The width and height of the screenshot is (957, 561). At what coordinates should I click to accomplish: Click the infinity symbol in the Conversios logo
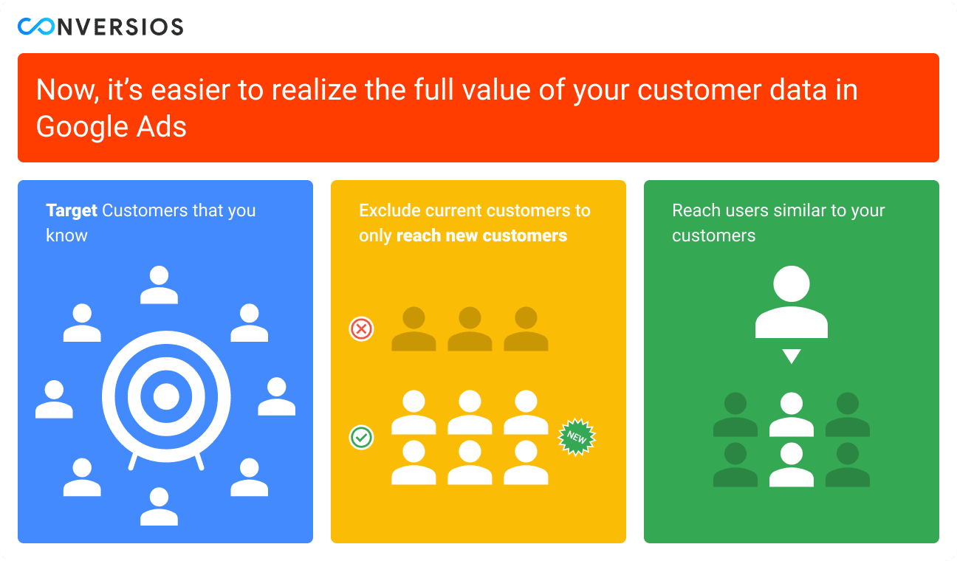click(36, 27)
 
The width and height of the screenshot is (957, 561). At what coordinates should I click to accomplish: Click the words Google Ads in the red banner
click(111, 127)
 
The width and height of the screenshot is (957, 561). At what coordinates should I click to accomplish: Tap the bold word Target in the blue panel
click(72, 211)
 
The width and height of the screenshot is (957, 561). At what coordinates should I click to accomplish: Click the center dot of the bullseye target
click(166, 396)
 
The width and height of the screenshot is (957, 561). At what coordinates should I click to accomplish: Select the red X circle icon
click(361, 328)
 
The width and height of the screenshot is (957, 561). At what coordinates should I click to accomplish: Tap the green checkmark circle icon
click(361, 438)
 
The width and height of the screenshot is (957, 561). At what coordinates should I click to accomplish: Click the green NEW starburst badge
click(577, 437)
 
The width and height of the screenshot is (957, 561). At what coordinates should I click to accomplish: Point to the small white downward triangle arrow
click(792, 356)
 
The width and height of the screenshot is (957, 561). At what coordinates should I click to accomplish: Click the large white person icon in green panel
click(792, 302)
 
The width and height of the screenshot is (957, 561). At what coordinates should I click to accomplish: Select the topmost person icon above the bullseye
click(159, 285)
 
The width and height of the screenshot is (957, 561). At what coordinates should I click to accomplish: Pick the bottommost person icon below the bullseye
click(159, 506)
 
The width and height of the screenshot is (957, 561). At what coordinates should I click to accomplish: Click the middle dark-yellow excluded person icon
click(470, 328)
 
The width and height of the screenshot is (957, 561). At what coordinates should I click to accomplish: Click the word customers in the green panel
click(713, 235)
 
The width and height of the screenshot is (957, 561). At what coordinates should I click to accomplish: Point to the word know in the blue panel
click(66, 235)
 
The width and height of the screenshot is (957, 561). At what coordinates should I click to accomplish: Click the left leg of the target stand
click(133, 462)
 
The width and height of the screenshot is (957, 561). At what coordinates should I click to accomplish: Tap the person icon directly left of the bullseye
click(54, 399)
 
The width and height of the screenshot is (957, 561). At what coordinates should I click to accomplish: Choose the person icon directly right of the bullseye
click(276, 396)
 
